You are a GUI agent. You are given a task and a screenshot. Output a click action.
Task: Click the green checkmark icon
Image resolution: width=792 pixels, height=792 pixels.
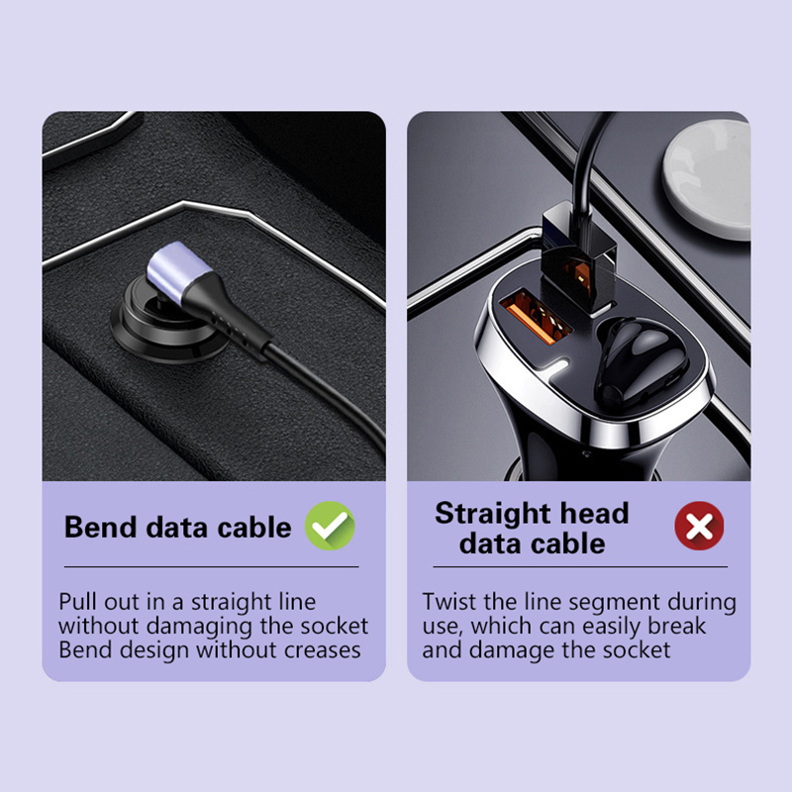pos(330,526)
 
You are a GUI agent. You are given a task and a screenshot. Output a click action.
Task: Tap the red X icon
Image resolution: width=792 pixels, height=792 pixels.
pos(699,526)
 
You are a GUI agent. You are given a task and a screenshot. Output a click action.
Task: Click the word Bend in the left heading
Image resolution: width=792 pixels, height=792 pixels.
pos(101,528)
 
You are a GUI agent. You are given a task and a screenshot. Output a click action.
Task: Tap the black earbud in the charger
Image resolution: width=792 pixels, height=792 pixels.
pos(641,359)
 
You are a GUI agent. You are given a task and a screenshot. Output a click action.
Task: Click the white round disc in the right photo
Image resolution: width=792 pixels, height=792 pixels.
pos(707,179)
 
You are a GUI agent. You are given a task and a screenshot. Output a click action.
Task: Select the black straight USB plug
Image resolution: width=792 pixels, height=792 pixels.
pos(578,258)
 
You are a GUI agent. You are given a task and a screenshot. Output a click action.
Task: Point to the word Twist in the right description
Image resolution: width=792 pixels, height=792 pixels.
pos(449,602)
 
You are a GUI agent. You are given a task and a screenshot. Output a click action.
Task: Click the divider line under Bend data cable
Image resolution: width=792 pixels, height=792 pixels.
pos(211,566)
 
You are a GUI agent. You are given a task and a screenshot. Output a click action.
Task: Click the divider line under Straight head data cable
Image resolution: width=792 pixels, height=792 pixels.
pos(580,566)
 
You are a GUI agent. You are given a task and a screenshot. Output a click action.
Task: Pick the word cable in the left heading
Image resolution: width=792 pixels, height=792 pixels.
pos(254,528)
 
